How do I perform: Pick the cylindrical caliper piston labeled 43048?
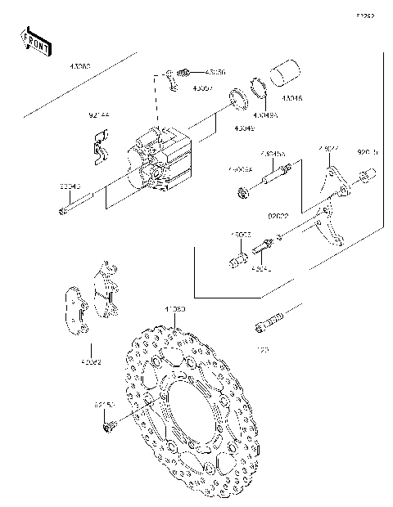285,73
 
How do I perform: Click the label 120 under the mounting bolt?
264,349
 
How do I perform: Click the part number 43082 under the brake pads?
91,361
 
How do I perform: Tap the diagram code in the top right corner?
364,15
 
